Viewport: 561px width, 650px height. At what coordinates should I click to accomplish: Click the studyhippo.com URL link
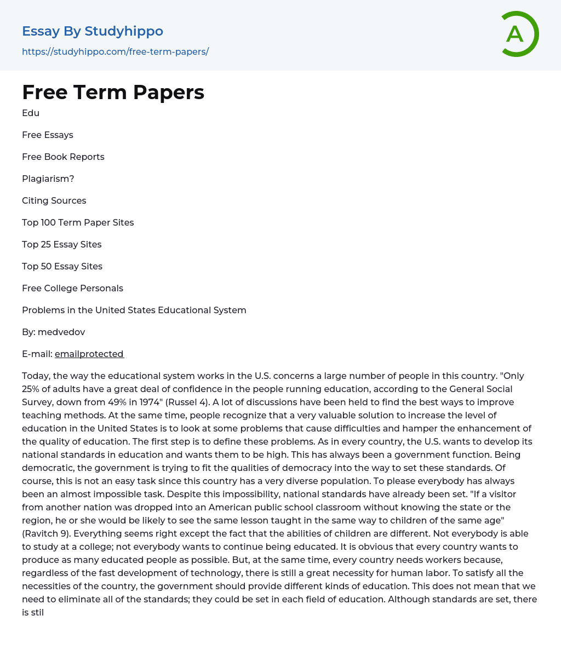(x=115, y=51)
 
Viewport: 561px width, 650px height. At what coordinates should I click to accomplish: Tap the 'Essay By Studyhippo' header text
(x=93, y=31)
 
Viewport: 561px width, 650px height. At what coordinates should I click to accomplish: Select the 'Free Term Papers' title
(x=113, y=93)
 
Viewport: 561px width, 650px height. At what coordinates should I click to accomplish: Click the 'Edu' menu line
(x=31, y=113)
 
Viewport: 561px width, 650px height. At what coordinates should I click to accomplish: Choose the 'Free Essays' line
(x=48, y=135)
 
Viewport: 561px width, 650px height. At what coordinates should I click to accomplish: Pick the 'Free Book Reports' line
(x=63, y=157)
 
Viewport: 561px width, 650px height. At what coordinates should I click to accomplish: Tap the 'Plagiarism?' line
(x=48, y=179)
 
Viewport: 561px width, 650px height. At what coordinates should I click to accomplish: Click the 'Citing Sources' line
(x=54, y=200)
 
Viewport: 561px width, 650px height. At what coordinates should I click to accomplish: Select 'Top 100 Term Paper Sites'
(x=78, y=222)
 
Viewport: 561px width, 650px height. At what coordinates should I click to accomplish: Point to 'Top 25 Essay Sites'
(x=62, y=244)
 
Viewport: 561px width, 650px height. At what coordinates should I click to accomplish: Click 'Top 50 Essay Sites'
(x=62, y=266)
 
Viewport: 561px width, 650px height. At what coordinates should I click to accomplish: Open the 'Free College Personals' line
(x=72, y=288)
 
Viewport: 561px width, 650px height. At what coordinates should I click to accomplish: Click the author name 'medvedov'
(x=61, y=332)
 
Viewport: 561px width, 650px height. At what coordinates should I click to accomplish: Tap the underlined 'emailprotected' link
(x=89, y=354)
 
